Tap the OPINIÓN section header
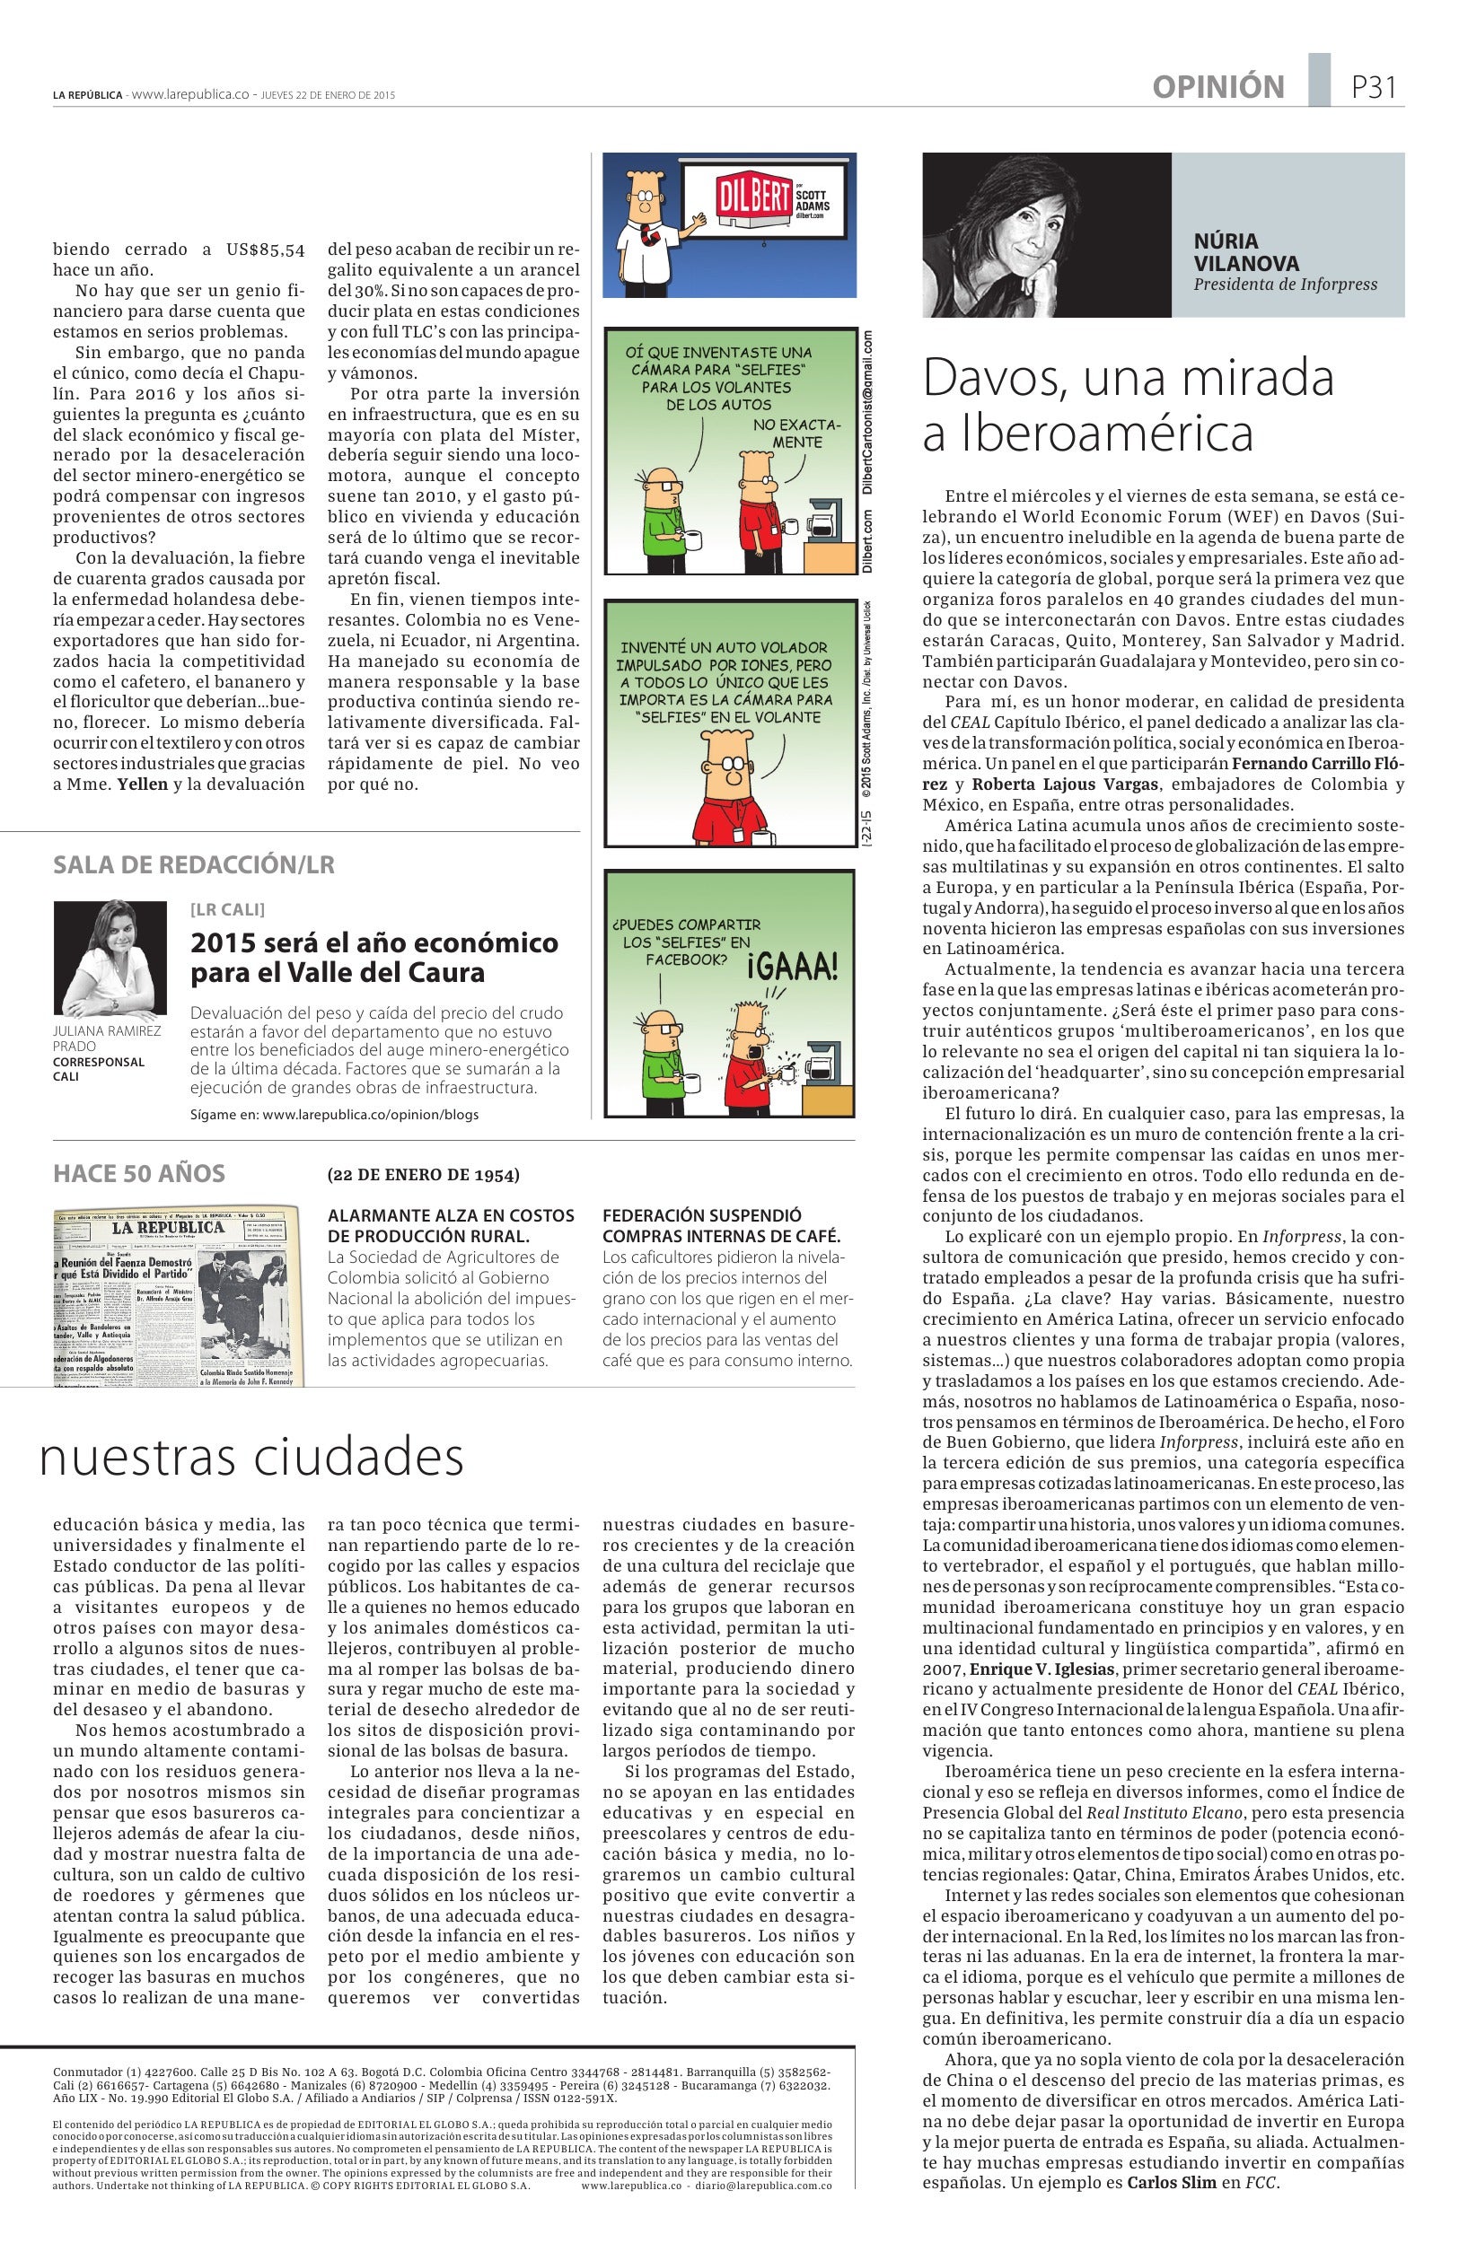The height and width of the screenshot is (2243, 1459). [x=1217, y=87]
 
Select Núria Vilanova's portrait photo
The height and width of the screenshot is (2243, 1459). [x=1046, y=234]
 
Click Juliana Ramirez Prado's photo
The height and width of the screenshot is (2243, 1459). [x=110, y=958]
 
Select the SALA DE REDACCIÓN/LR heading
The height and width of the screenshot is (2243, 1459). [x=193, y=864]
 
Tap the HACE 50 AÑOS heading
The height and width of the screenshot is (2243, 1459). [x=139, y=1173]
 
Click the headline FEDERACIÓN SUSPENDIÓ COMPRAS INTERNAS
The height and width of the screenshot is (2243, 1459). [x=720, y=1225]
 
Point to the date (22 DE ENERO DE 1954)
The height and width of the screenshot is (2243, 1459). [x=423, y=1174]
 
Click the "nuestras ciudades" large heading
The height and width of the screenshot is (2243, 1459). [x=251, y=1456]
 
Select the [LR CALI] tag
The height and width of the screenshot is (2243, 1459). [x=227, y=909]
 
